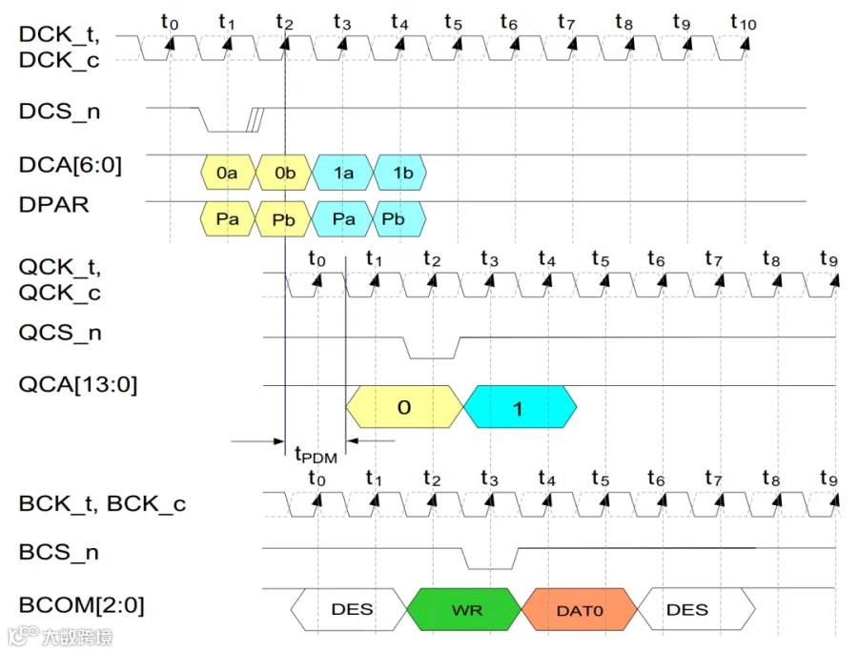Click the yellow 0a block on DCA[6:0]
click(228, 173)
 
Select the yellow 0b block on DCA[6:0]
click(284, 173)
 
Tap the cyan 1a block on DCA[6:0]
click(343, 173)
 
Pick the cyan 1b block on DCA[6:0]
click(400, 173)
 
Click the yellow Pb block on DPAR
click(283, 219)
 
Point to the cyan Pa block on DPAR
click(342, 219)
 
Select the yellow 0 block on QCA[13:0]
click(404, 407)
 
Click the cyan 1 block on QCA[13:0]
click(520, 407)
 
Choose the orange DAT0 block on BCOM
click(580, 609)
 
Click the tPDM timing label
click(316, 455)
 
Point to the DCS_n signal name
click(59, 112)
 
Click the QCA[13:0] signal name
click(78, 384)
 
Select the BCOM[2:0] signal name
click(82, 605)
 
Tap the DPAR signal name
click(53, 205)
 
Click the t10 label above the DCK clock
click(743, 22)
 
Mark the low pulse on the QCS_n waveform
click(432, 358)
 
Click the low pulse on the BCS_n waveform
click(490, 568)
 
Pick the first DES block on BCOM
click(349, 609)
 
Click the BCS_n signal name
click(58, 552)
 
